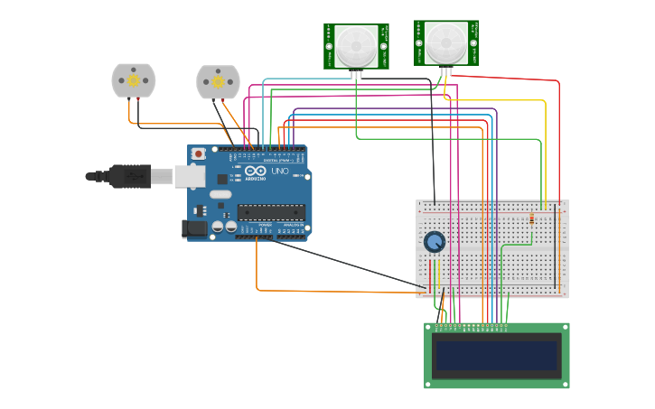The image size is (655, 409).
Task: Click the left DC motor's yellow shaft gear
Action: click(x=134, y=81)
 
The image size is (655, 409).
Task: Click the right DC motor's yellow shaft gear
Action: click(x=218, y=82)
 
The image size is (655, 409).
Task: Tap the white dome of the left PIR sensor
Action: click(x=356, y=43)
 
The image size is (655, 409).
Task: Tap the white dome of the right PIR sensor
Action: click(x=445, y=41)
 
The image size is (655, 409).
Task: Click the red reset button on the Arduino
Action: click(x=198, y=154)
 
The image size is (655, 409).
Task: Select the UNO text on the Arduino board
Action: click(x=279, y=171)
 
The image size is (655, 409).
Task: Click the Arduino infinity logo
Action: click(x=256, y=171)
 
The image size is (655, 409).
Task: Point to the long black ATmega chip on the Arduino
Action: click(x=271, y=212)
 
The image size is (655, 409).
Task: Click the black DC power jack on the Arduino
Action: click(x=194, y=229)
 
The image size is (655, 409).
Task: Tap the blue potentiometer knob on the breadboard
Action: click(x=435, y=242)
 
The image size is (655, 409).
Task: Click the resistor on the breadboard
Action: click(x=531, y=218)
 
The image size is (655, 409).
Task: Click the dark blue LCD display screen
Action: click(x=496, y=355)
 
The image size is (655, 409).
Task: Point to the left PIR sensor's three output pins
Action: click(x=356, y=74)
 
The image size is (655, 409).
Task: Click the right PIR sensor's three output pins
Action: click(x=446, y=71)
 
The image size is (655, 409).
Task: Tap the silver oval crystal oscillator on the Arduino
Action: click(x=220, y=193)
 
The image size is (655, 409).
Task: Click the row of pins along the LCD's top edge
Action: click(x=471, y=326)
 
